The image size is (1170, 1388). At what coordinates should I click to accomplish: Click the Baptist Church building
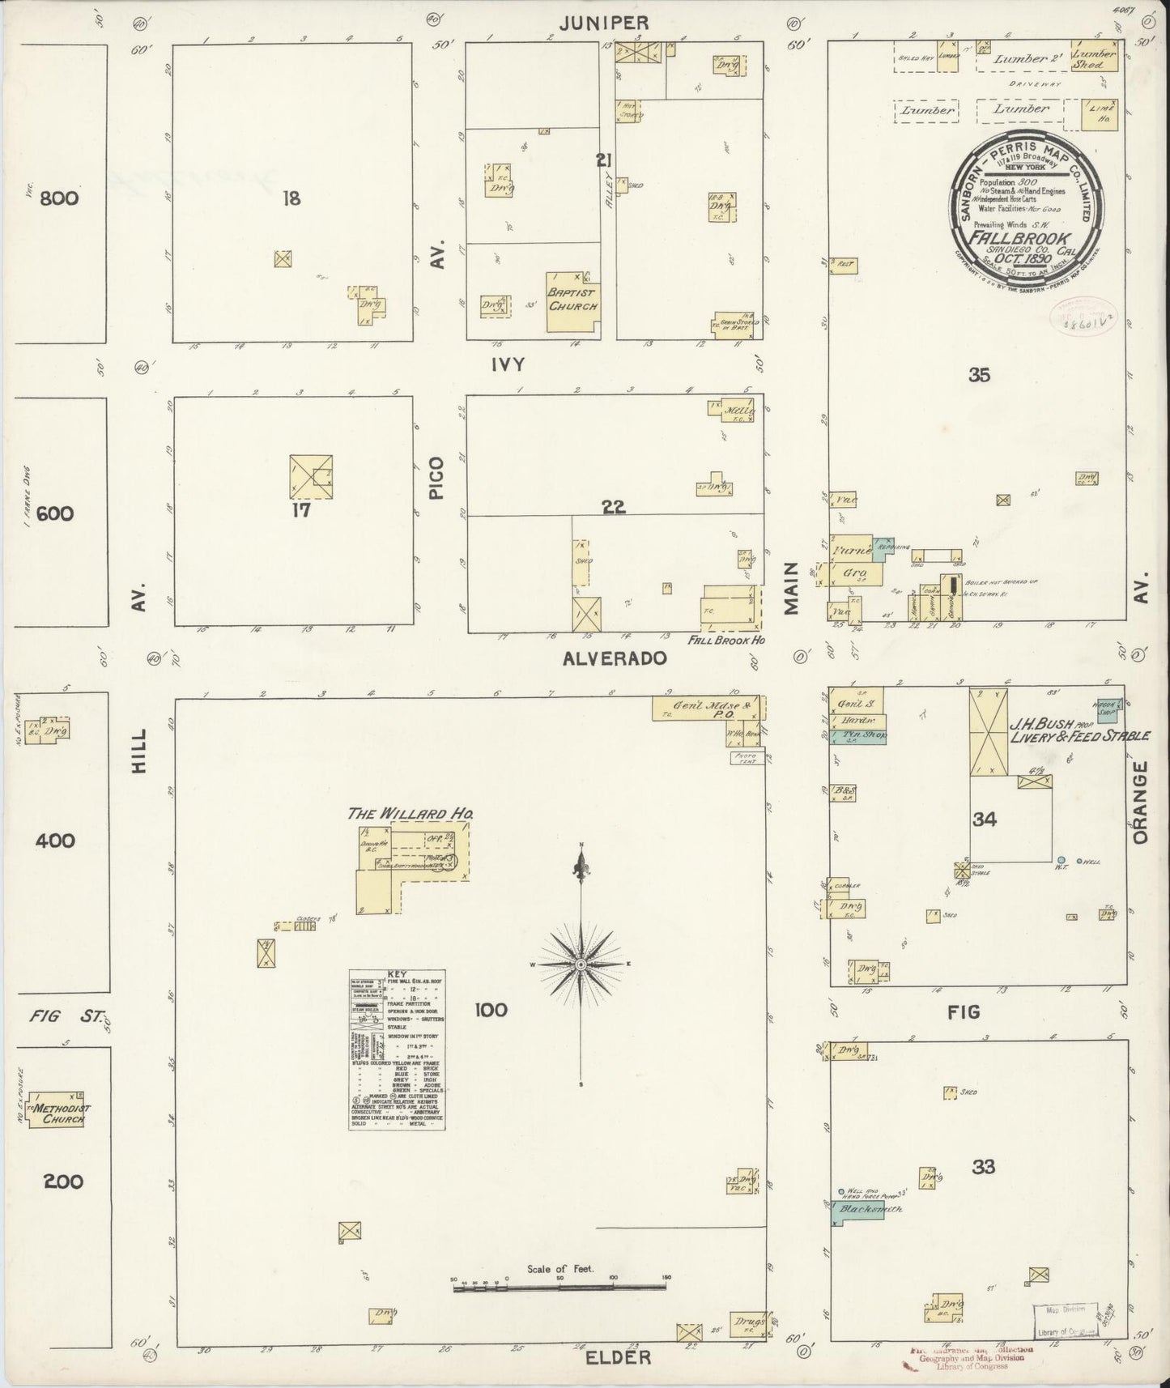point(572,302)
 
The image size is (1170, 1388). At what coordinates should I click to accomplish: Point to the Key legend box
point(397,1050)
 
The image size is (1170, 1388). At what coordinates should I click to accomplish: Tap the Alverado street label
point(615,658)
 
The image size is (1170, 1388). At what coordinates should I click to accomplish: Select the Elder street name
point(618,1356)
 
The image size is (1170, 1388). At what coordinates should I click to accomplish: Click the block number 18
point(291,198)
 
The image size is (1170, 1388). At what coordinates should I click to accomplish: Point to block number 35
point(980,375)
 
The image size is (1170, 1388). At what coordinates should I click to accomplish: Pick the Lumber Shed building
point(1094,58)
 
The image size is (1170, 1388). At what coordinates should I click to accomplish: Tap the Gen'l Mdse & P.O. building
point(706,709)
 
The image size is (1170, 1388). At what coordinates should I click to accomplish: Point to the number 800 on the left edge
point(60,198)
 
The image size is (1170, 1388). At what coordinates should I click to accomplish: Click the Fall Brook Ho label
point(727,640)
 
